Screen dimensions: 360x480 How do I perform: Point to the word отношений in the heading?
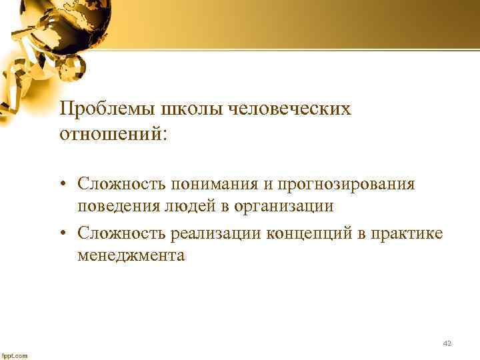click(113, 134)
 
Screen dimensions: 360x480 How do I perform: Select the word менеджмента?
click(131, 255)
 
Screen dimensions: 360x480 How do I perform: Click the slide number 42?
click(447, 343)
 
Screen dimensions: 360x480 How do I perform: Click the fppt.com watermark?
click(15, 355)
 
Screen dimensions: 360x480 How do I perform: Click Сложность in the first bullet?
click(121, 183)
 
